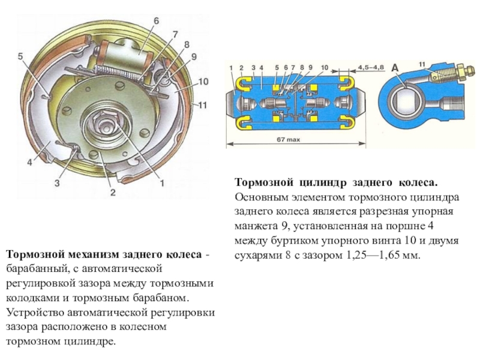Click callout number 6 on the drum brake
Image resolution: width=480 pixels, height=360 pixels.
(x=155, y=20)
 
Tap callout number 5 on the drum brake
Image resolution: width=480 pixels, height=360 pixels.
(x=20, y=56)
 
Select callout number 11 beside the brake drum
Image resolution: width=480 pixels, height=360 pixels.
(x=202, y=104)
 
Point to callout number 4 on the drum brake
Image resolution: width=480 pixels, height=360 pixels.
(x=28, y=162)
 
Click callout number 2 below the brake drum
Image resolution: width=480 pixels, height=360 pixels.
(x=111, y=193)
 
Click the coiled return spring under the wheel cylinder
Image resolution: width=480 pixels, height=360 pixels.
(x=123, y=70)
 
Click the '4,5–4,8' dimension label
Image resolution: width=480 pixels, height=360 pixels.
(x=371, y=67)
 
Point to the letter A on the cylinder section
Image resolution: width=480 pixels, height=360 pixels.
(x=395, y=68)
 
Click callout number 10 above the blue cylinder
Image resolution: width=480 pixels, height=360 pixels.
(x=325, y=67)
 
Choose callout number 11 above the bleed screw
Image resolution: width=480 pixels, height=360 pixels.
(x=422, y=64)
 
